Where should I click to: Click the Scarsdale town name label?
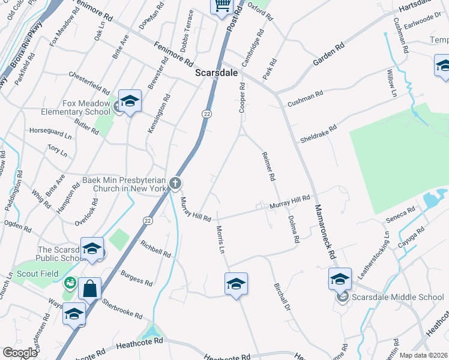coord(217,72)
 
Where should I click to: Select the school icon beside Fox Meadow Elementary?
coord(130,101)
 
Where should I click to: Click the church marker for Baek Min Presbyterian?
coord(175,183)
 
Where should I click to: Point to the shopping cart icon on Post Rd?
coord(221,5)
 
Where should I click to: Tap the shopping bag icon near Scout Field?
coord(89,288)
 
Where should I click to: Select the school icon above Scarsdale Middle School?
coord(340,279)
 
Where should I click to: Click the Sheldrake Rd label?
coord(318,134)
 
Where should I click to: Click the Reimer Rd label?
coord(268,166)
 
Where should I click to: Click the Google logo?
coord(20,352)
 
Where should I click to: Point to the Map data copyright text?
coord(423,355)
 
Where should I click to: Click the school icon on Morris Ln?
coord(237,284)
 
